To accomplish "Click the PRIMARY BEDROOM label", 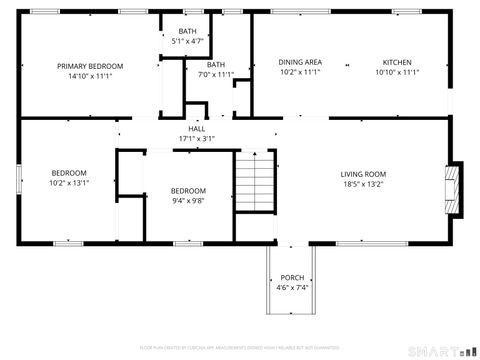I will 89,66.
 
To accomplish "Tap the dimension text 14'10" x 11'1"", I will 89,76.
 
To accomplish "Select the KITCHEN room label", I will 397,62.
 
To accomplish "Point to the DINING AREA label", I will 299,62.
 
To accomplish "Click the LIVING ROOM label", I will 363,173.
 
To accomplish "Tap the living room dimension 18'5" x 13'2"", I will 363,184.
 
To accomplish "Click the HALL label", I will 196,129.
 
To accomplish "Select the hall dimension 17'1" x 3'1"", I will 196,138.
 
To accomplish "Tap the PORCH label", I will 292,277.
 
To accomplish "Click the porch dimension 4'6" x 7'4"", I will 292,287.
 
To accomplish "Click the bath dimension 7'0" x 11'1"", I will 216,74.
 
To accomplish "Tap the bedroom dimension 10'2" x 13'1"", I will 69,182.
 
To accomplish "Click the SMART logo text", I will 437,351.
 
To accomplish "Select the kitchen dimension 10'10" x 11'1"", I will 397,72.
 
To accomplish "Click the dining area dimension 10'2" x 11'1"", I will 299,72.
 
